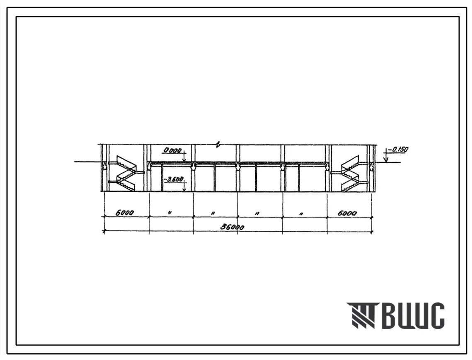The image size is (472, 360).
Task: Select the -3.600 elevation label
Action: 173,179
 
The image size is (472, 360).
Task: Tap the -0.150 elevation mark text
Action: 398,150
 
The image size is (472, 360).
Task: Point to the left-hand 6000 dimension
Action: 125,213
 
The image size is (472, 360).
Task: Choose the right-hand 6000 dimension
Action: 347,213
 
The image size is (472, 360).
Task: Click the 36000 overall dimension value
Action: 232,227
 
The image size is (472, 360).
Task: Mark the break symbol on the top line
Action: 219,145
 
